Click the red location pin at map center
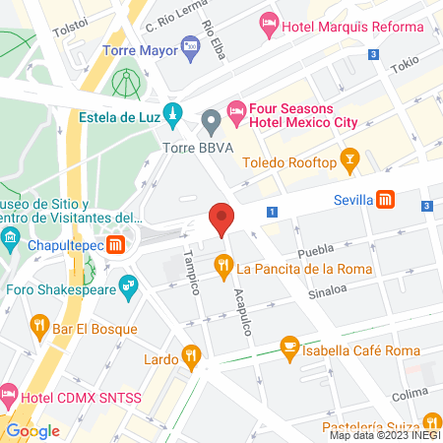[221, 219]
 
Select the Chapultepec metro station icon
[117, 244]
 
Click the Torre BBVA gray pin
[209, 122]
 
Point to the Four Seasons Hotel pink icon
[235, 110]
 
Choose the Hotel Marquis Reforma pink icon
[270, 23]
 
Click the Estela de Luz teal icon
[173, 113]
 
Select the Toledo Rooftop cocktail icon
[349, 158]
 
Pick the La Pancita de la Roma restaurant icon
[223, 265]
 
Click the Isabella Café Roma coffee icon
[289, 346]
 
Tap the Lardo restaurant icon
[192, 353]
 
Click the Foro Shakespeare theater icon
[126, 286]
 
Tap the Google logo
[33, 430]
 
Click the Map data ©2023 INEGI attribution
[383, 435]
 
